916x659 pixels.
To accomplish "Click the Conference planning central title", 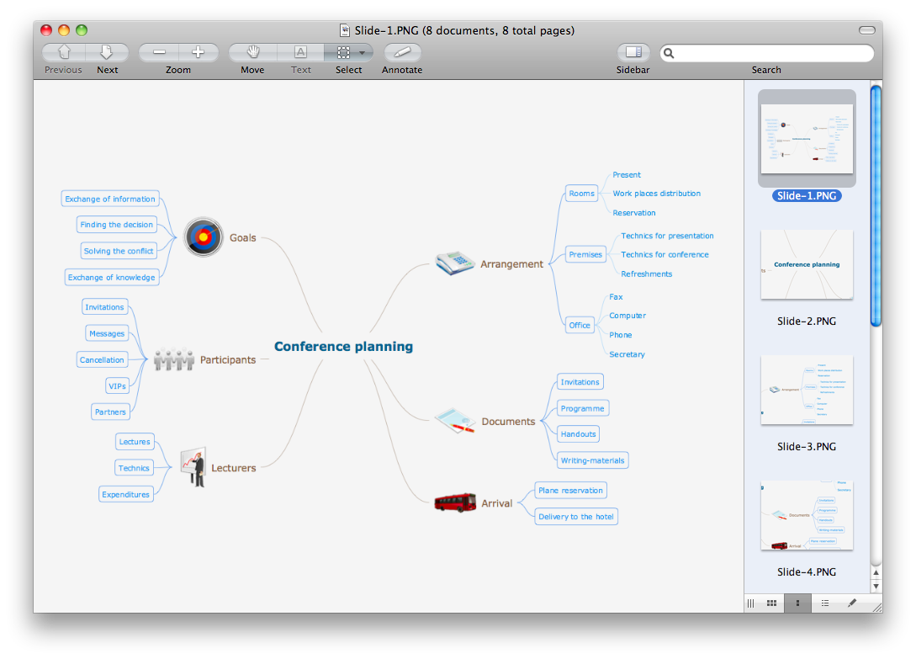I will tap(343, 346).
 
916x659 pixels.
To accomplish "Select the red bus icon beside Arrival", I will tap(455, 502).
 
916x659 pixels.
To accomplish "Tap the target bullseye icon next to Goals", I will tap(204, 237).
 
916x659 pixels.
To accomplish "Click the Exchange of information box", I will tap(110, 199).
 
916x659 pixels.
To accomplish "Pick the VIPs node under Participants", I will tap(117, 385).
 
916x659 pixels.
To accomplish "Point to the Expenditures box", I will tap(125, 494).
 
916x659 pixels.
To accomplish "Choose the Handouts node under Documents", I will tap(578, 434).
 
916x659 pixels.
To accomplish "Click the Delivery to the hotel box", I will tap(576, 516).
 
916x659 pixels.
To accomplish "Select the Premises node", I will tap(585, 254).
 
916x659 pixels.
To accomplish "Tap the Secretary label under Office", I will tap(627, 354).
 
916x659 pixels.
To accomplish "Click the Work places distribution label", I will tap(656, 194).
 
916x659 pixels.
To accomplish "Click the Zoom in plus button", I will tap(199, 52).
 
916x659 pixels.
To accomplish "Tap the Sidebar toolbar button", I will tap(633, 52).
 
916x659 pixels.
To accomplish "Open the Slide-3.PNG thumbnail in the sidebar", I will tap(807, 390).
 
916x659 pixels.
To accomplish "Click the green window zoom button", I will tap(82, 30).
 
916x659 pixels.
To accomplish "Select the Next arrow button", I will tap(107, 52).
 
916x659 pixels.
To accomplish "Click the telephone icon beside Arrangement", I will tap(455, 263).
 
